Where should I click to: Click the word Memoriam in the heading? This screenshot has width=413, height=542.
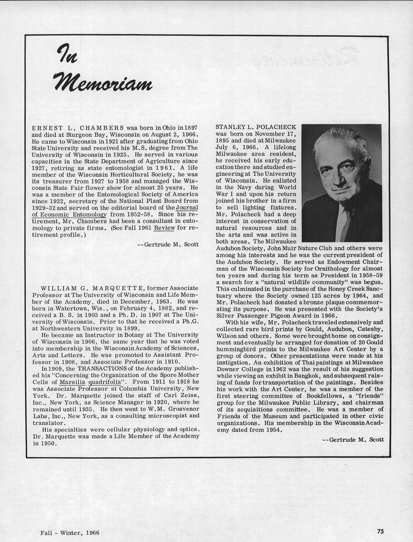103,82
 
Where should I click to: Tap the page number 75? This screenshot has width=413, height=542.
380,531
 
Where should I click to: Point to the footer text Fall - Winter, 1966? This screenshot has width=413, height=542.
70,533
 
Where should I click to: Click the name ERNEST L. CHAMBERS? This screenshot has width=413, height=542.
78,128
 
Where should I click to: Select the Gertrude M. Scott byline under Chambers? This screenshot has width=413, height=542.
168,244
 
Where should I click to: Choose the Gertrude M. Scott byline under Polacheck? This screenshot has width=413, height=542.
353,439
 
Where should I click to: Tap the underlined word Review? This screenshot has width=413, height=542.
164,227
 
